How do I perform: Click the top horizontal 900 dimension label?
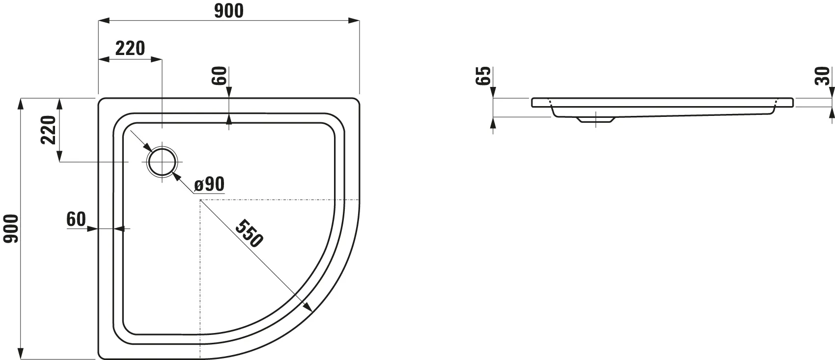[229, 11]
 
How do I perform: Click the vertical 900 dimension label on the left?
[11, 228]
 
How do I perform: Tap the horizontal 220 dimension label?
[130, 49]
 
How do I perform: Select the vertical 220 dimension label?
[48, 130]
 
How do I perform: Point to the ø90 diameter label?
[209, 184]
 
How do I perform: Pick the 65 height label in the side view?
[483, 76]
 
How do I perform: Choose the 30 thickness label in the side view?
[822, 76]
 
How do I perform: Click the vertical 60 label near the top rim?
[220, 76]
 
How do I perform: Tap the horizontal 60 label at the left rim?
[76, 220]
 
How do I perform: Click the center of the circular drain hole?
[162, 162]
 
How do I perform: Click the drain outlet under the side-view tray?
[595, 119]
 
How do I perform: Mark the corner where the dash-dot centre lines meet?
[200, 200]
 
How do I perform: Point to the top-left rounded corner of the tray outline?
[102, 102]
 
